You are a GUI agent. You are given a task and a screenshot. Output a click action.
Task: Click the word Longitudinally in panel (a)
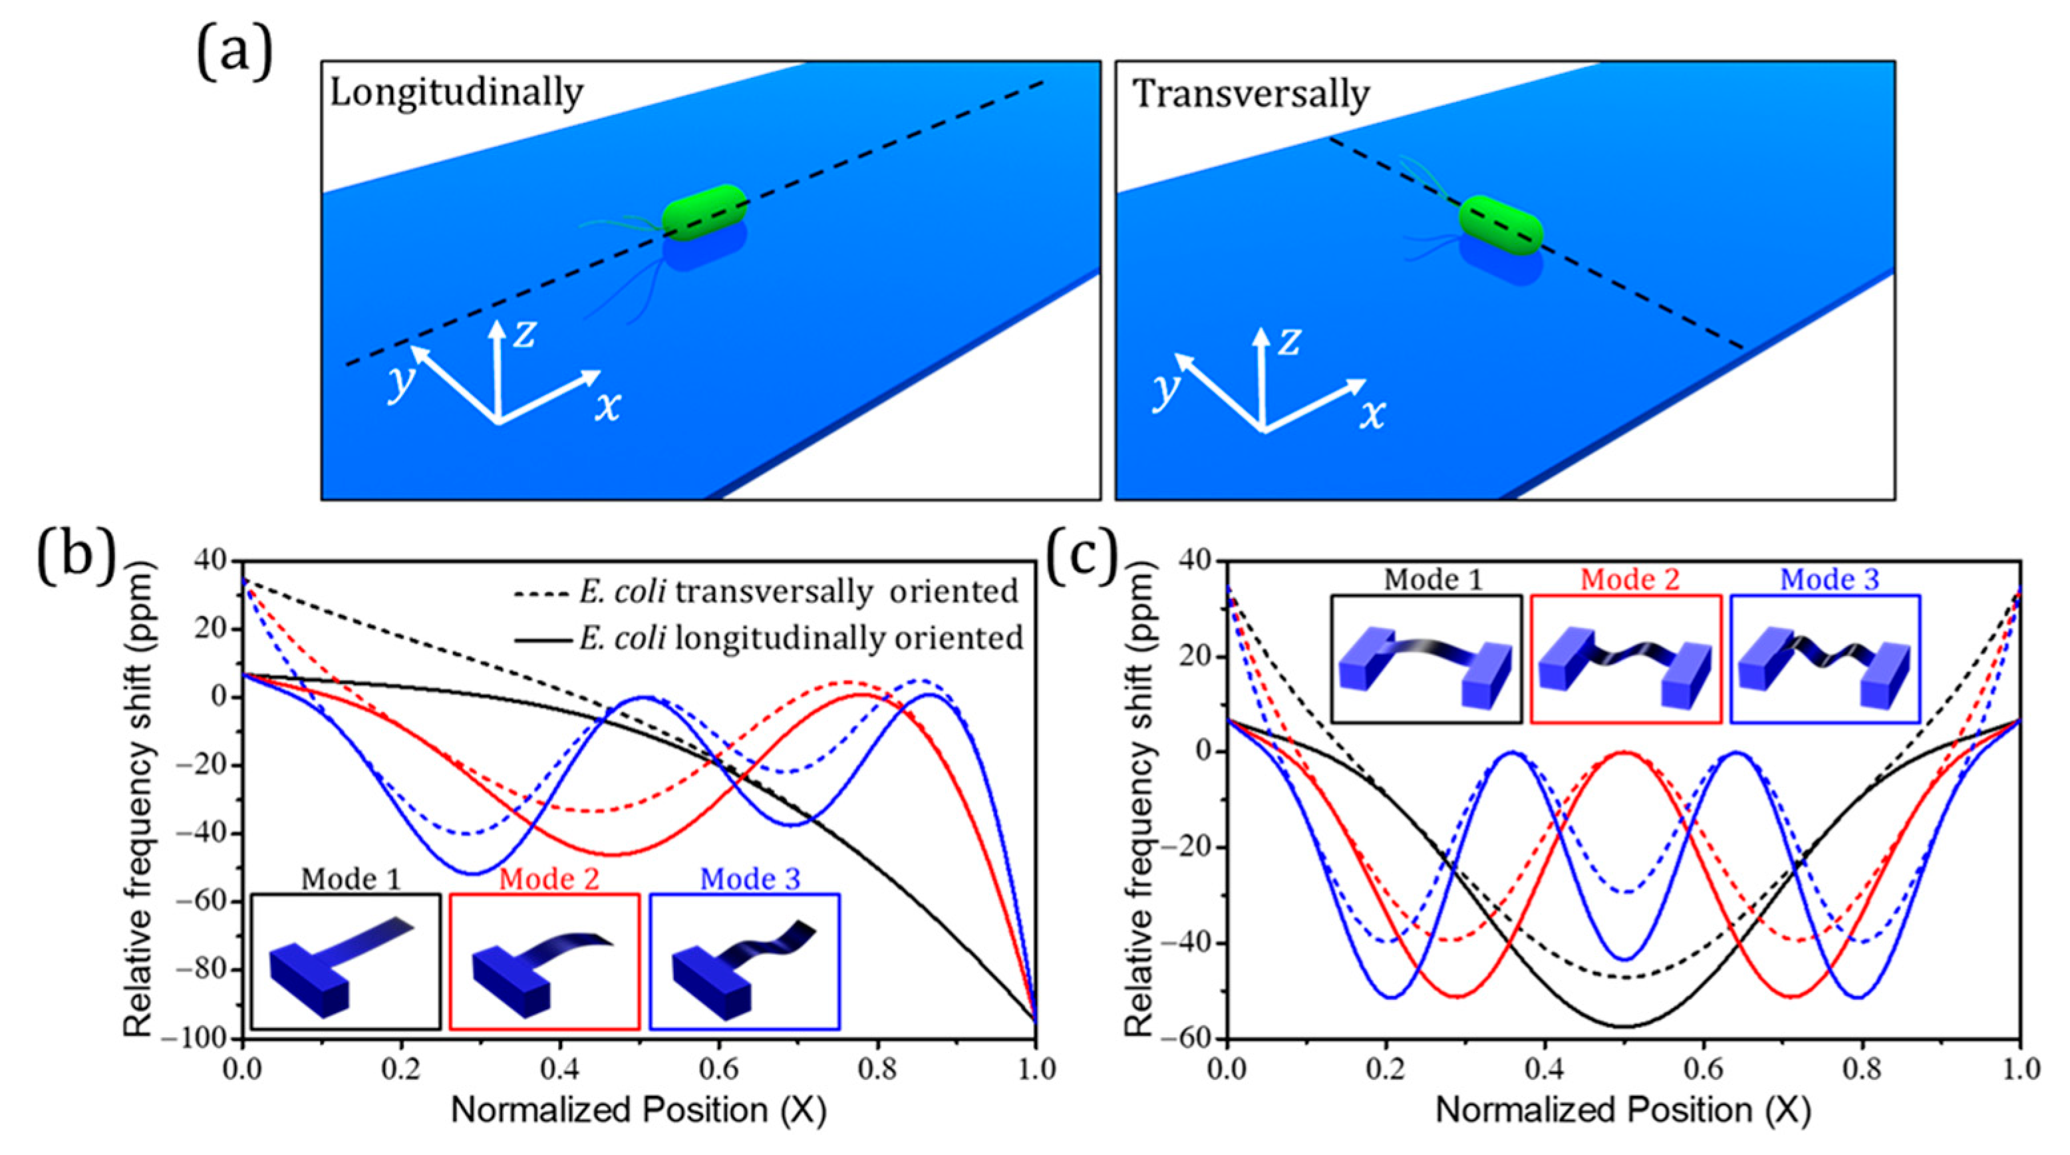[x=456, y=94]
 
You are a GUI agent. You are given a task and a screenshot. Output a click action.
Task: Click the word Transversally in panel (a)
[x=1251, y=95]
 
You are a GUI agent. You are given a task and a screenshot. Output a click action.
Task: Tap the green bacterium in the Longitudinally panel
[x=704, y=212]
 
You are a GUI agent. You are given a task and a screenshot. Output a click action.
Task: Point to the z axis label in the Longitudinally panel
[x=525, y=332]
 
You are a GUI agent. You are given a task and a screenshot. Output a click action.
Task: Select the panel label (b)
[x=76, y=556]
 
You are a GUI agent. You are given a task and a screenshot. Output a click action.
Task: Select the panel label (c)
[x=1081, y=556]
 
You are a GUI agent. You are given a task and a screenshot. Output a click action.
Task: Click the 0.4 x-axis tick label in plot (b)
[x=559, y=1069]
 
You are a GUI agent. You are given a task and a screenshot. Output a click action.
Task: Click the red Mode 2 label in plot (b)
[x=549, y=880]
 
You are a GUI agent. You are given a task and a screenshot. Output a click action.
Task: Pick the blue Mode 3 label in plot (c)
[x=1829, y=579]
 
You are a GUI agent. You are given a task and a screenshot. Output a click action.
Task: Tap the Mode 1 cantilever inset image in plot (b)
[x=345, y=963]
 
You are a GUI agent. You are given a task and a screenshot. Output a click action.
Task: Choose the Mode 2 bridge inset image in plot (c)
[x=1626, y=658]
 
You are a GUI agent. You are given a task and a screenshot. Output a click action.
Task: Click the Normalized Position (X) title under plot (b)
[x=639, y=1110]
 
